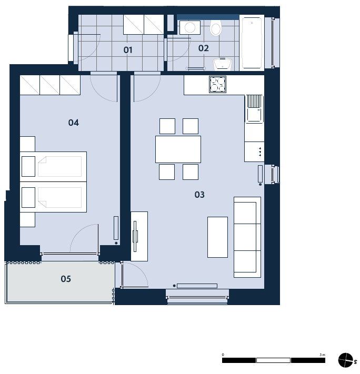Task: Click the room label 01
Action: coord(128,50)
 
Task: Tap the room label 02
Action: coord(203,48)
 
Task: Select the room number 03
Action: coord(199,195)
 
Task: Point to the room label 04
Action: coord(73,123)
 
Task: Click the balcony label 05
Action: coord(66,279)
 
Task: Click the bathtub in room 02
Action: coord(252,43)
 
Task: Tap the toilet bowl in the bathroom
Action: coord(216,28)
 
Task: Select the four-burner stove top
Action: coord(217,85)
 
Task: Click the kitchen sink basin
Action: coord(254,115)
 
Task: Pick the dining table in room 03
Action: coord(178,149)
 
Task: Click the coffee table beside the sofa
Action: coord(217,237)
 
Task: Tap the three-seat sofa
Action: coord(247,237)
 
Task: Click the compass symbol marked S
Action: coord(345,360)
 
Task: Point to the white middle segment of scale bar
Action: coord(273,360)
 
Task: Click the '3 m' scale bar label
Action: coord(322,355)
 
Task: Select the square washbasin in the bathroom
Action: coord(190,27)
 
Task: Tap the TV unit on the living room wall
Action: coord(139,236)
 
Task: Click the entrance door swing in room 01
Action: coord(88,49)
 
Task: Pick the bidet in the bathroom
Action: coord(222,64)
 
